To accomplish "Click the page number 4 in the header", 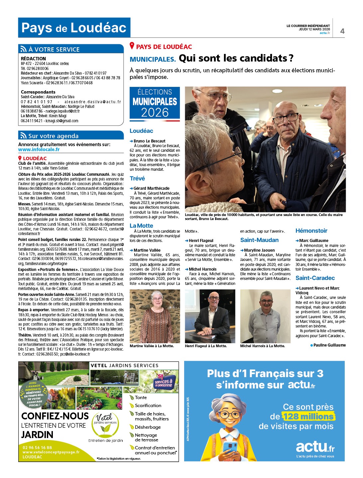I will point(342,31).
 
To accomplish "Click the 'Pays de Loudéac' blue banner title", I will point(74,28).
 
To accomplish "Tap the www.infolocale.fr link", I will point(39,149).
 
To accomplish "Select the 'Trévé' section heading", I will point(137,178).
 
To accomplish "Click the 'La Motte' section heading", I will point(141,226).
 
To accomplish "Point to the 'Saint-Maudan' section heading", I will point(259,240).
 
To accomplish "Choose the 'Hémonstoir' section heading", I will point(311,231).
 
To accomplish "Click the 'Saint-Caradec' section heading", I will point(315,278).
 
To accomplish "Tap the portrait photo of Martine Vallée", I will point(155,316).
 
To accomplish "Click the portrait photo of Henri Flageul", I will point(210,316).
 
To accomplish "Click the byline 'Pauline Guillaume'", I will point(329,345).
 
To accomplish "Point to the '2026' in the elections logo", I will point(155,113).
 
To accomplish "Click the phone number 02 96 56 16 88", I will point(37,447).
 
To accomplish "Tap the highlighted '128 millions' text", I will point(308,416).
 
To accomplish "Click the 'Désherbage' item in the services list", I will point(148,427).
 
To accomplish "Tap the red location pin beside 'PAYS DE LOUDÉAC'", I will point(132,46).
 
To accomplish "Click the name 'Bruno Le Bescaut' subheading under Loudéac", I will point(149,141).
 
